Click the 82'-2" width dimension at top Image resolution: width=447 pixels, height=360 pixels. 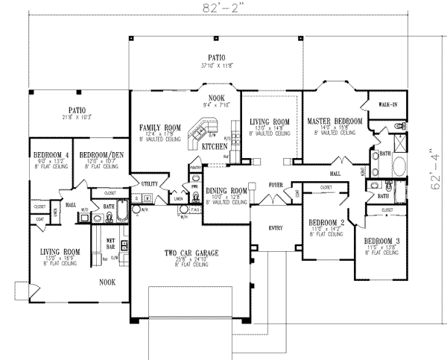point(223,8)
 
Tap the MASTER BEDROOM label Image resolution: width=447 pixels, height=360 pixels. point(334,120)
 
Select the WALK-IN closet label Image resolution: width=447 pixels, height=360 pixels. point(387,106)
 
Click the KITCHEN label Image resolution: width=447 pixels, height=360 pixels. point(215,147)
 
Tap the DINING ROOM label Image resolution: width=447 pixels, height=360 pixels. point(226,191)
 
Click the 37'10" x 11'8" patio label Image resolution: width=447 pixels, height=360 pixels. point(217,60)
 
